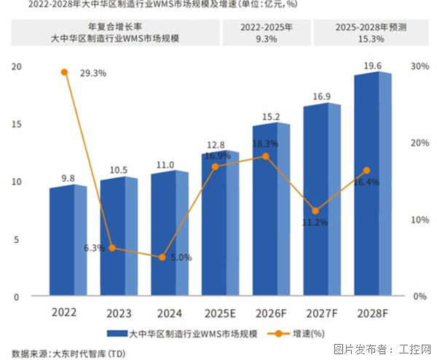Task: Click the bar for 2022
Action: [x=68, y=241]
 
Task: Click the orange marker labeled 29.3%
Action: [x=65, y=72]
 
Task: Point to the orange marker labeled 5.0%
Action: [x=163, y=257]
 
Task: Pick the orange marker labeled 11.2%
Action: [x=315, y=211]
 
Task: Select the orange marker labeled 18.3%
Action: [x=265, y=157]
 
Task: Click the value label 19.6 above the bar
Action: [x=373, y=66]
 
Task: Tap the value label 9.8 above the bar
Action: [x=68, y=177]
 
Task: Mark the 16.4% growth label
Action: [x=366, y=182]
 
